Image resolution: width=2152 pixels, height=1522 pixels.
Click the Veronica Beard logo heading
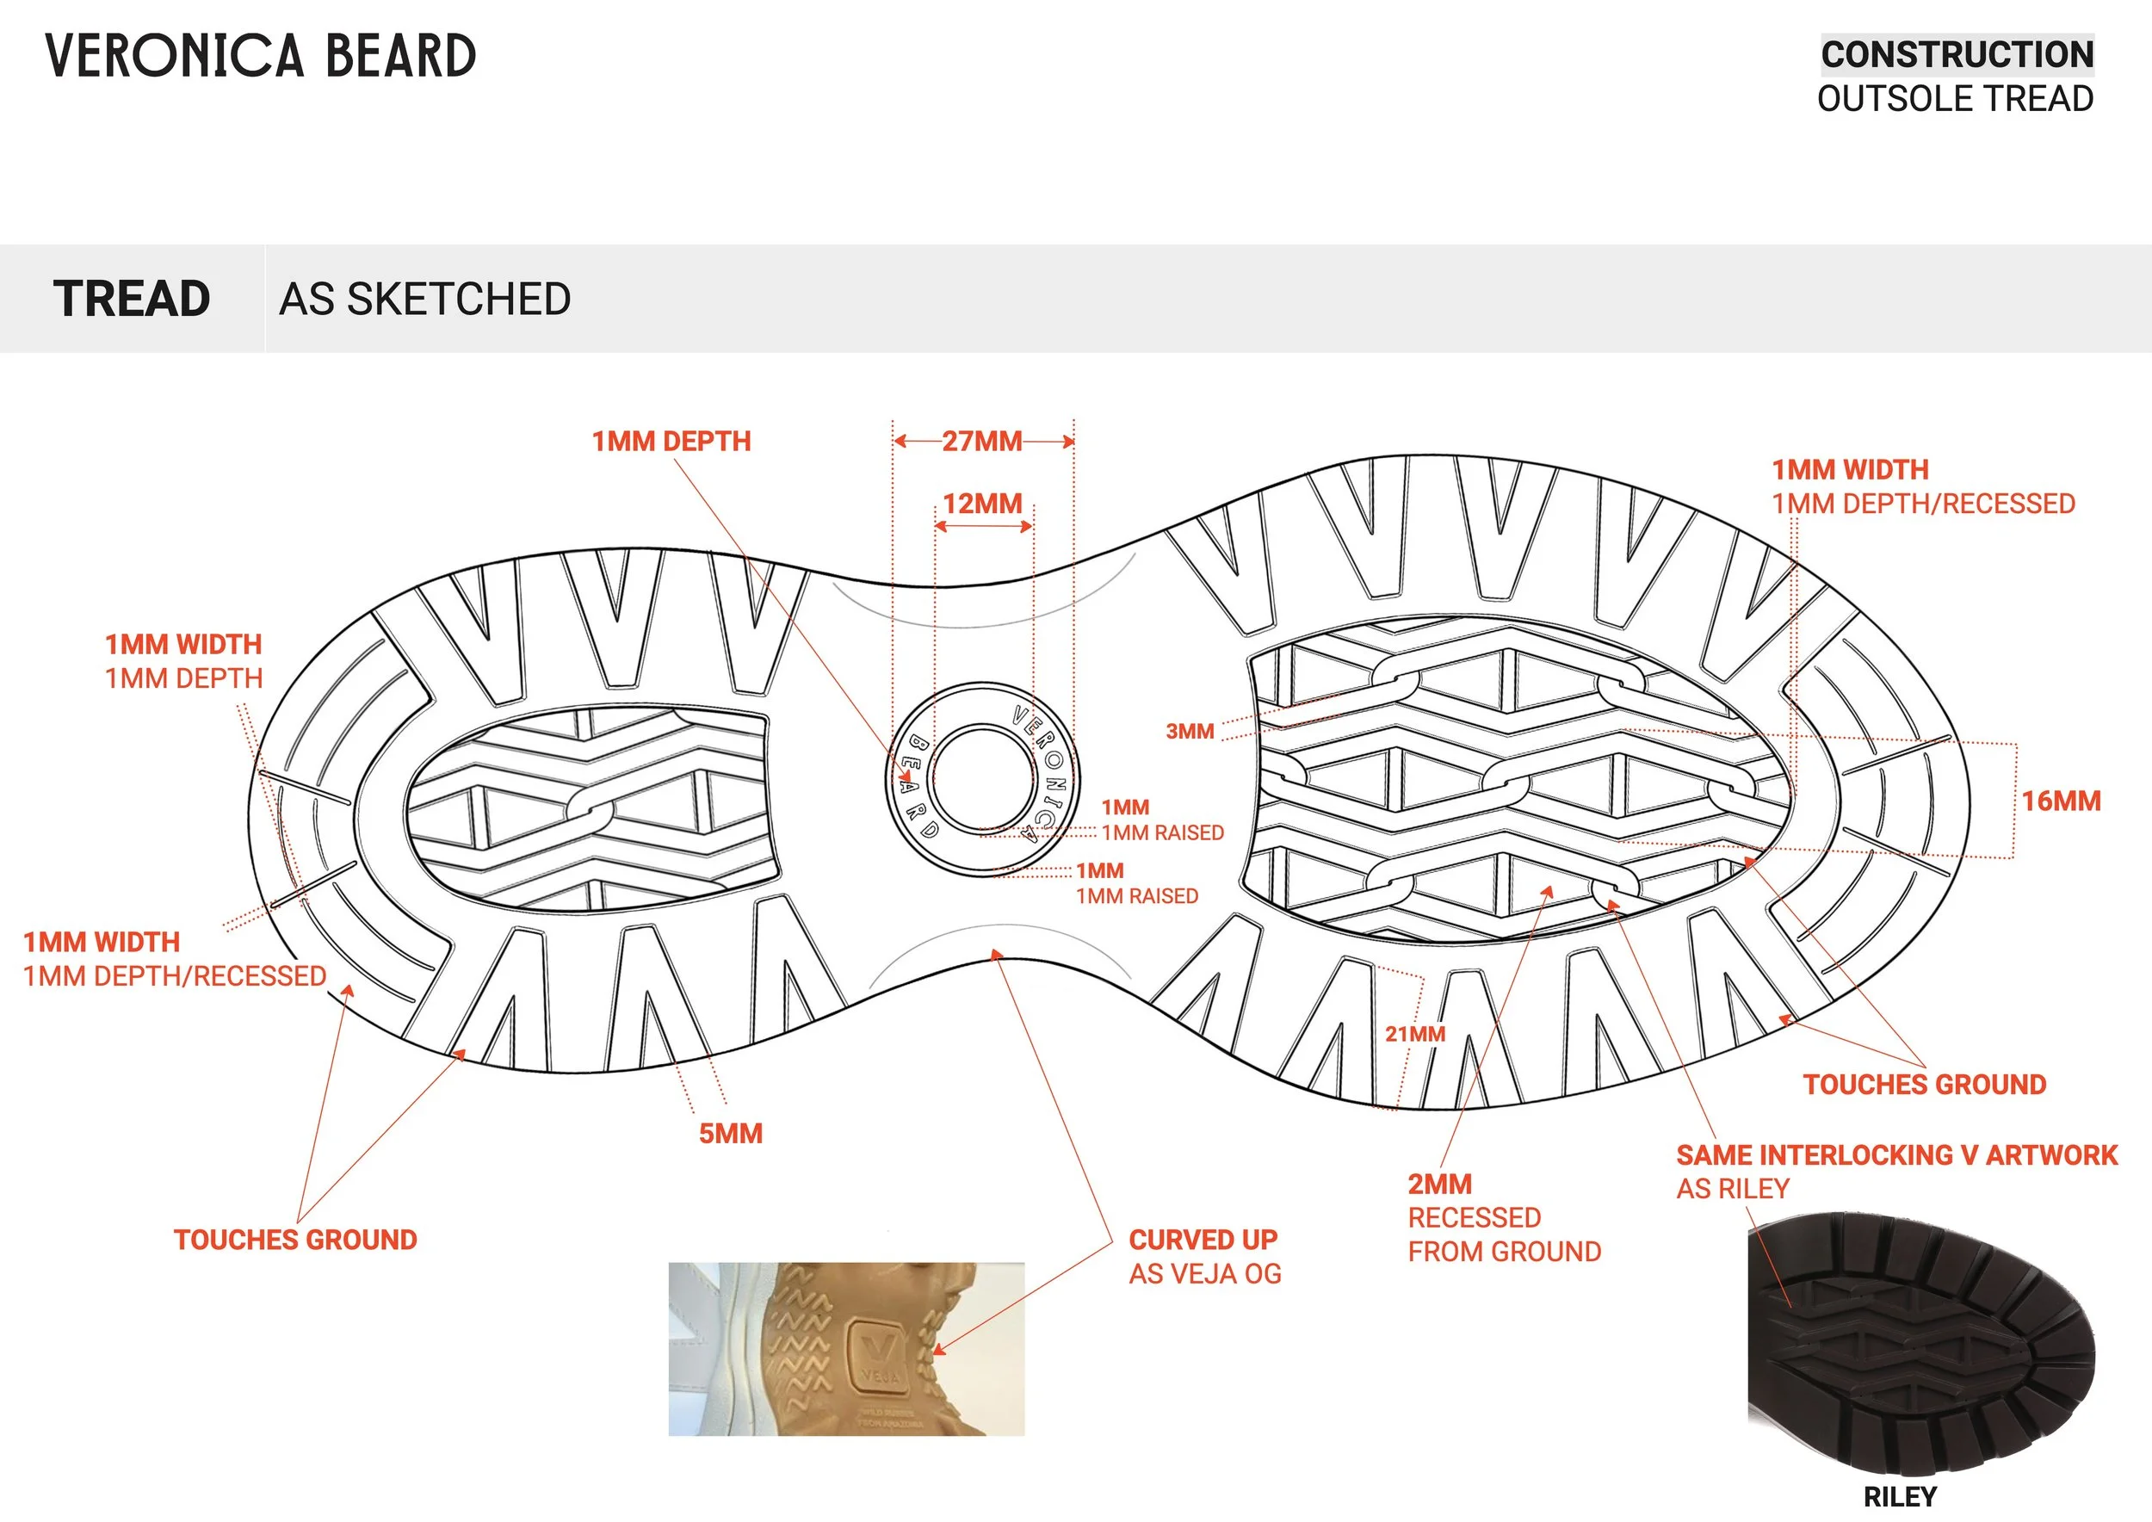[261, 55]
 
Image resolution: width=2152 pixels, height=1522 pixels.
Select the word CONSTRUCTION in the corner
[1957, 54]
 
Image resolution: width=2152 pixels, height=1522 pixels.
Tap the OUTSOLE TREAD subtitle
[1955, 98]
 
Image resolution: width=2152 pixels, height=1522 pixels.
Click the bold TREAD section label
[131, 299]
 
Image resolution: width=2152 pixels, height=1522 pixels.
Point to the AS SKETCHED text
[424, 299]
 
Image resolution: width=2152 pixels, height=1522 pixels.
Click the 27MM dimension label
[981, 441]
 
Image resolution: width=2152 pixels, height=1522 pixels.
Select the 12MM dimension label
[982, 504]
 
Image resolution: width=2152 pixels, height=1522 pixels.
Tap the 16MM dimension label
[2061, 801]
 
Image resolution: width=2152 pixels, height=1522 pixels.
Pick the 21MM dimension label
[1415, 1034]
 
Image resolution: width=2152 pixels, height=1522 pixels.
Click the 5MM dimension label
[730, 1133]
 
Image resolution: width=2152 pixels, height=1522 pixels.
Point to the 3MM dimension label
[1190, 731]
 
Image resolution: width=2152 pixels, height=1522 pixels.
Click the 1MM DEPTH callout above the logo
[671, 441]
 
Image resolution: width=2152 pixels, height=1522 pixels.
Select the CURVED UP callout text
[1203, 1239]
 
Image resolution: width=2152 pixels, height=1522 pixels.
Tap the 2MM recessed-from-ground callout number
[1439, 1184]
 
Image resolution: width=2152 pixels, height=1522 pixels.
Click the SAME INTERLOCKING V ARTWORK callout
[1896, 1154]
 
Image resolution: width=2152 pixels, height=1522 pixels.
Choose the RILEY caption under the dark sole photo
[1900, 1497]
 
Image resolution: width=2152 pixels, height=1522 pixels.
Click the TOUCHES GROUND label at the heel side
[295, 1239]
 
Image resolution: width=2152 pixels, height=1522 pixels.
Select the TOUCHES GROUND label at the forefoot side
[1924, 1085]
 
